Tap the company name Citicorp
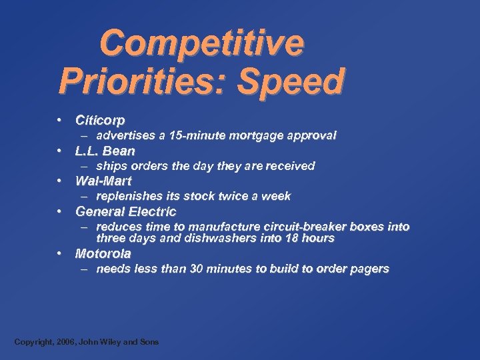tap(100, 121)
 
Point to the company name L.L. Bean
tap(105, 151)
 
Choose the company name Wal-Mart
tap(103, 181)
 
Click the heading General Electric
tap(126, 211)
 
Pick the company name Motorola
tap(103, 253)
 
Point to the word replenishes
tap(129, 196)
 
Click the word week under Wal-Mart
tap(277, 196)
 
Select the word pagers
tap(371, 269)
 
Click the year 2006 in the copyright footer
tap(64, 342)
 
